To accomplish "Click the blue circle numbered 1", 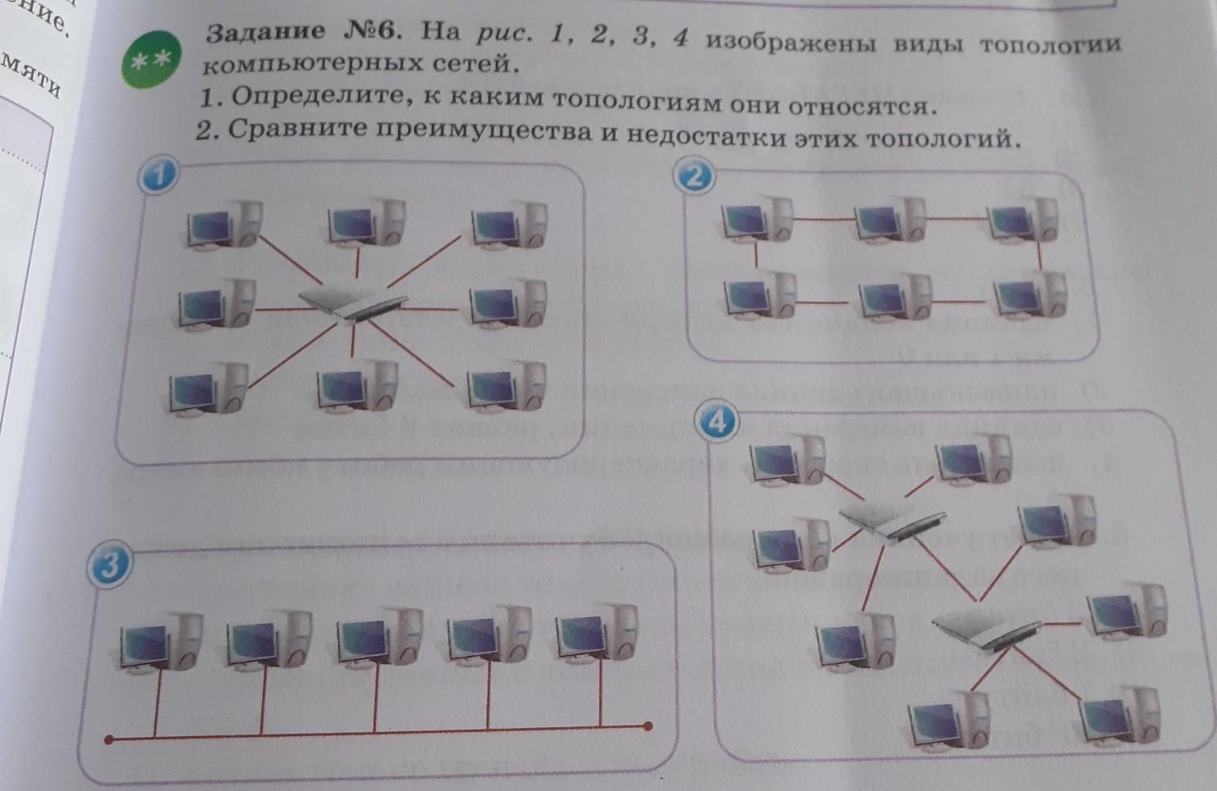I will pos(161,176).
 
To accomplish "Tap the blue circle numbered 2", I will pos(695,176).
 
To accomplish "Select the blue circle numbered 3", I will pos(108,565).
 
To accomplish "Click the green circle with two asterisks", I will pos(150,59).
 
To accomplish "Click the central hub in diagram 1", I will pos(353,304).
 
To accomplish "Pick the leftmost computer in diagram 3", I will pos(158,640).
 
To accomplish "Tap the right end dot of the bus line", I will pos(647,725).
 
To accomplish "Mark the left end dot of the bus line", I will pos(108,739).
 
